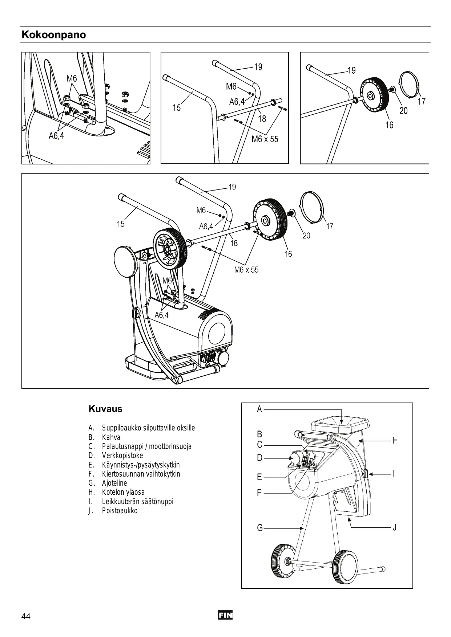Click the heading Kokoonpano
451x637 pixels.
click(54, 35)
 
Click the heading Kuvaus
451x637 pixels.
click(105, 409)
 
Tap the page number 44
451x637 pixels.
click(26, 616)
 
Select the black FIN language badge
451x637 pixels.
click(225, 616)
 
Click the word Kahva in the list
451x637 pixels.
click(111, 437)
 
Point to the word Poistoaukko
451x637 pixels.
click(120, 511)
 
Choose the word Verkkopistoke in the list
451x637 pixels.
click(122, 456)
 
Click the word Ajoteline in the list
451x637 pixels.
click(114, 483)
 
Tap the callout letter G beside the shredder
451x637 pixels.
click(260, 528)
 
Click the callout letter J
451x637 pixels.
click(395, 527)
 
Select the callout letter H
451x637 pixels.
click(395, 441)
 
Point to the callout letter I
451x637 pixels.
click(394, 474)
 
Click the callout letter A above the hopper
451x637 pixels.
click(259, 409)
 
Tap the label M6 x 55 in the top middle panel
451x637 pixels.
click(265, 139)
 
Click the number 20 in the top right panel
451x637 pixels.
click(403, 111)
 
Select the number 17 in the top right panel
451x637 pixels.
click(421, 102)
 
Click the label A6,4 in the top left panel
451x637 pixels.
click(56, 136)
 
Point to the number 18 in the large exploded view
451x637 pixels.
click(234, 243)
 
